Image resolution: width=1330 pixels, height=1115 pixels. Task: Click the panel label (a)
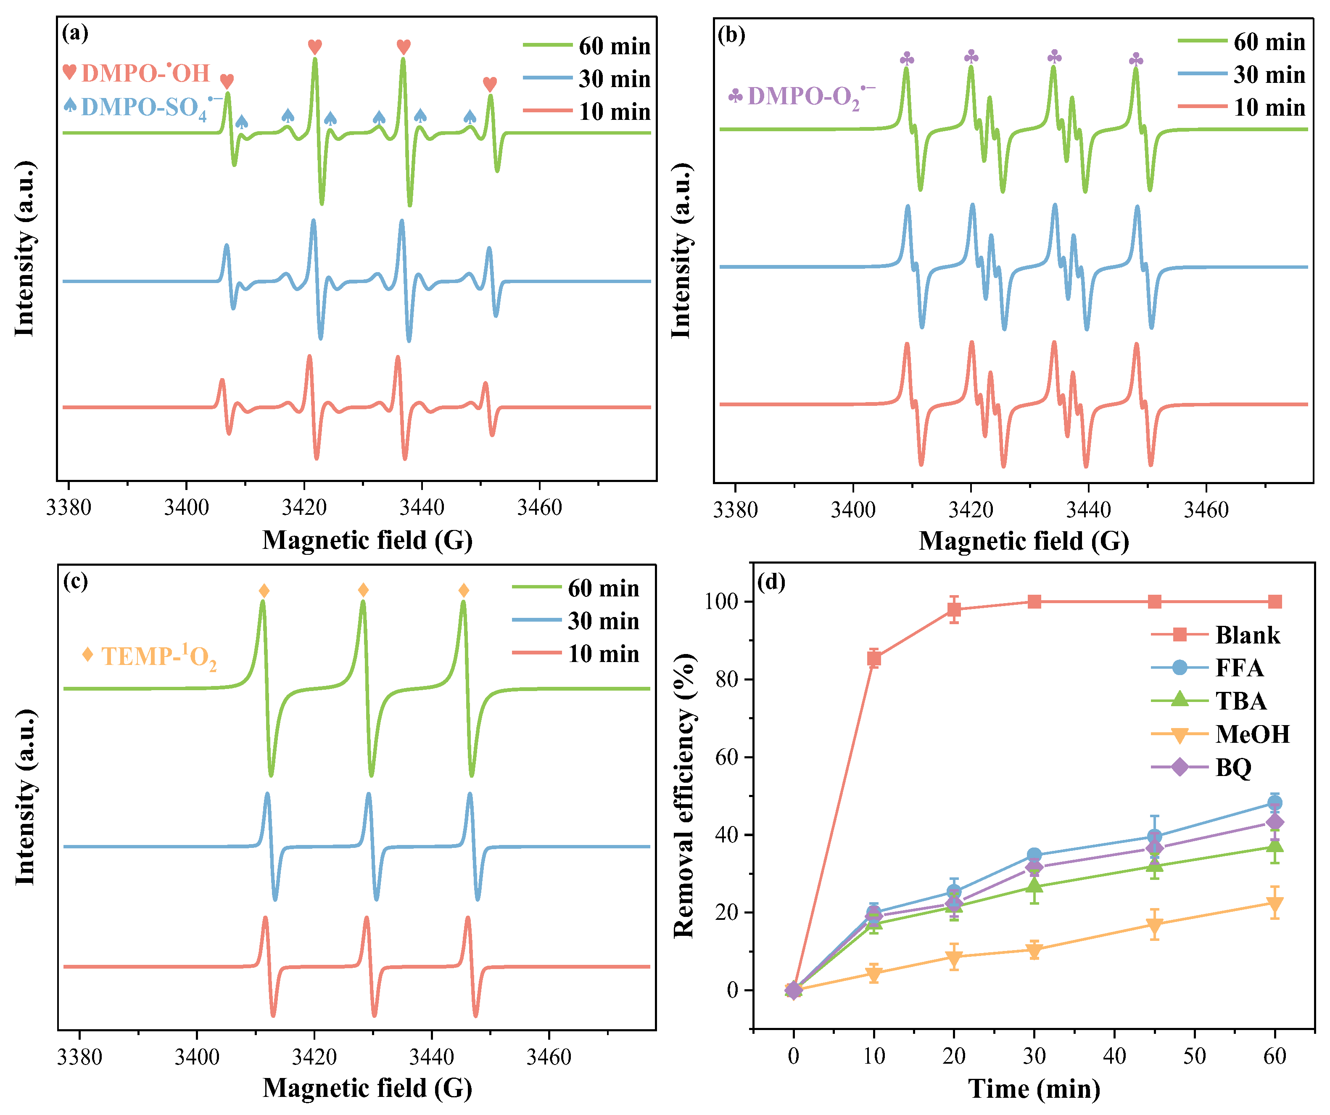75,33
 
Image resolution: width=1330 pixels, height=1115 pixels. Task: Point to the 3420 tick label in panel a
304,508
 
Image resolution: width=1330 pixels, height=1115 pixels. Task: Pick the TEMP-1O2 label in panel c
158,656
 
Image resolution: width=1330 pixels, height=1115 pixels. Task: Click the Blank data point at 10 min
874,659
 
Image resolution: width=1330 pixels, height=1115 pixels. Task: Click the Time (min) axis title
1034,1089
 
